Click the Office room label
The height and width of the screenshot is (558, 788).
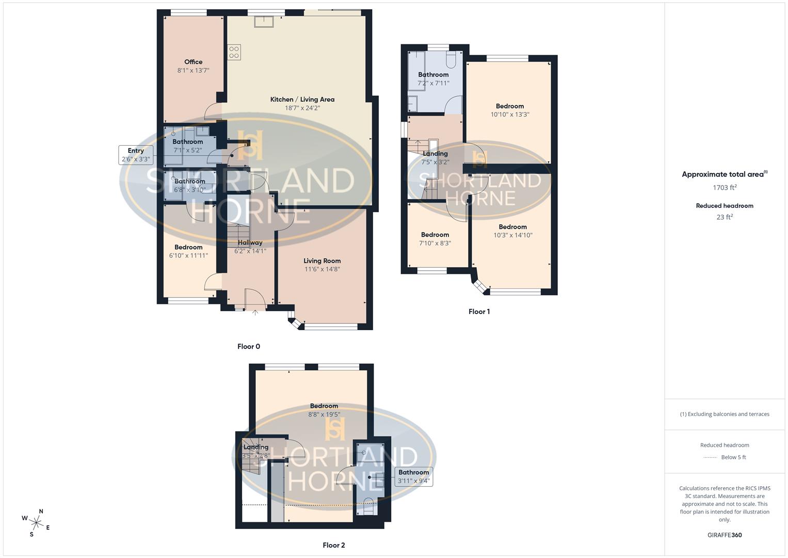(x=194, y=62)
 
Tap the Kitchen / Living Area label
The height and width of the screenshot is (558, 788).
(x=302, y=100)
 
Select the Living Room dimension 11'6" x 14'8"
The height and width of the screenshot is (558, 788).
(x=322, y=269)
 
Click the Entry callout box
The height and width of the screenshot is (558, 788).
(x=136, y=155)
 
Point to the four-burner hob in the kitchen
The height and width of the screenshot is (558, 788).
(x=234, y=52)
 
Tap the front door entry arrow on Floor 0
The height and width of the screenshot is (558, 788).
(x=255, y=312)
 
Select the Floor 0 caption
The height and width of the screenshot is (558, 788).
(x=249, y=347)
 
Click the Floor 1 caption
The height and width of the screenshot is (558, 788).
(x=479, y=312)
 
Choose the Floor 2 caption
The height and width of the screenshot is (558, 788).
(x=334, y=545)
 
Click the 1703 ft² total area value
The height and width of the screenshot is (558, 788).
(x=725, y=188)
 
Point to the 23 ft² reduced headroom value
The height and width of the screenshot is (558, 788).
(x=725, y=217)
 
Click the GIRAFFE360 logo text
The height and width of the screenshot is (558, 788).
(x=725, y=535)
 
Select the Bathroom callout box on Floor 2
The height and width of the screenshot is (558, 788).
(x=413, y=476)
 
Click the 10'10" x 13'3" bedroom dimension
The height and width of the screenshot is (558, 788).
(x=510, y=115)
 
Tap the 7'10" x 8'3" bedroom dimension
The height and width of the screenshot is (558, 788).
(x=435, y=243)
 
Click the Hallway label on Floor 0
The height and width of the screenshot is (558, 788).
(x=250, y=243)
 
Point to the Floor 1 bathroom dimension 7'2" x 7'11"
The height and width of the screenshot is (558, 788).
(x=433, y=83)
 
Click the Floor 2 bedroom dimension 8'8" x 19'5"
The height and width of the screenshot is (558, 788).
(x=324, y=414)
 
